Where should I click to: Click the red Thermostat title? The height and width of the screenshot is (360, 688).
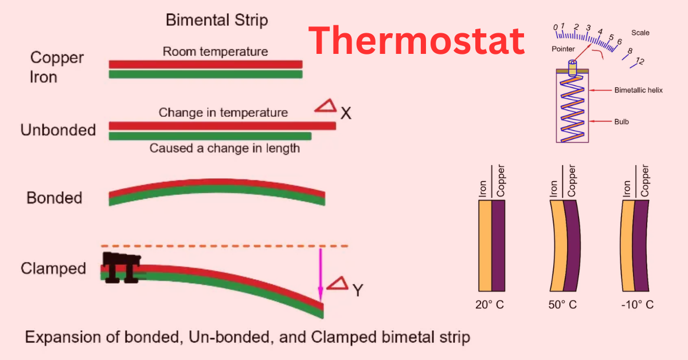point(417,42)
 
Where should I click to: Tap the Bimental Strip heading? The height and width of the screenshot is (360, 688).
point(217,21)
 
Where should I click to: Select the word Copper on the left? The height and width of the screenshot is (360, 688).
point(57,58)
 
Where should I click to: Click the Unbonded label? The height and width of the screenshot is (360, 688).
point(58,130)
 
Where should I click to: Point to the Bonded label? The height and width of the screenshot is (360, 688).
point(54,198)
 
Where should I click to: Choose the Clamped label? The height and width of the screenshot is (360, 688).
point(53,268)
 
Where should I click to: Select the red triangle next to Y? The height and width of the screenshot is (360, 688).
point(337,283)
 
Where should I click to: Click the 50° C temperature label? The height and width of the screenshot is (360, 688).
point(562,304)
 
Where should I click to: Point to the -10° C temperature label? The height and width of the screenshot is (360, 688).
point(637,304)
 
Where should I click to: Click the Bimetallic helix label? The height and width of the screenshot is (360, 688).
point(638,91)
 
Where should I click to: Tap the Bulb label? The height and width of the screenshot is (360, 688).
point(621,122)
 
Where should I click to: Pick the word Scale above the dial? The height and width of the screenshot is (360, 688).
point(640,33)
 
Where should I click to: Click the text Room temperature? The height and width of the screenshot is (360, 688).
point(215,52)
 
